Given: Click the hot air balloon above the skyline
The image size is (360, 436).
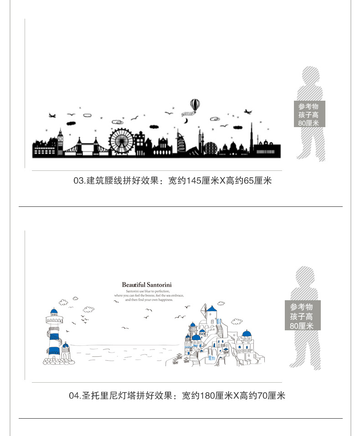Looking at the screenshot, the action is pos(195,105).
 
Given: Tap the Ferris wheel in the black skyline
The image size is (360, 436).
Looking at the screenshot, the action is pos(119,139).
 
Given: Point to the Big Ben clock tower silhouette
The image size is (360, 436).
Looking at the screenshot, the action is pos(60,139).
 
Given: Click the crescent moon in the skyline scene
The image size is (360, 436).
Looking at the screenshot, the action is pos(186,121).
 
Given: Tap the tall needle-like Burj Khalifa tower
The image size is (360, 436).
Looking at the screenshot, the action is pos(251,137).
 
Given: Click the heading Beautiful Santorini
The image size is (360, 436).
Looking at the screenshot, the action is pos(147,285).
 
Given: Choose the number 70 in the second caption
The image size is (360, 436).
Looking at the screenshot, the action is pos(263,395).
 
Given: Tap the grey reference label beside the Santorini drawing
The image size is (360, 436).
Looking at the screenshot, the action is pos(302,316).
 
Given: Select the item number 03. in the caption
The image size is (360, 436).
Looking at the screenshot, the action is pos(79,181).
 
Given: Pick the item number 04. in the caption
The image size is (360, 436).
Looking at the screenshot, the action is pos(75,395).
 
